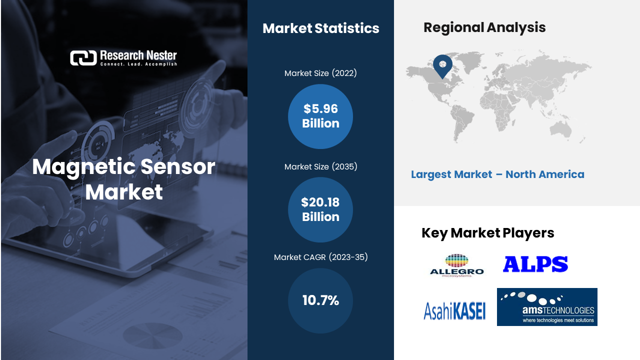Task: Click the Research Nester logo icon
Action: coord(83,58)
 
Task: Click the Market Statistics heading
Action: coord(321,28)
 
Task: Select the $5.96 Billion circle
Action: coord(320,116)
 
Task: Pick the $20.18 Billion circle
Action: coord(320,209)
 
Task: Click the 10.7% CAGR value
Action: coord(320,300)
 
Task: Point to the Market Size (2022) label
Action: coord(320,73)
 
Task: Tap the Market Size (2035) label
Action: coord(320,166)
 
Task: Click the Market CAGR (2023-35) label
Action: coord(320,257)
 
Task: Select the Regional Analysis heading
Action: coord(484,27)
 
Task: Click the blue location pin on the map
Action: coord(442,65)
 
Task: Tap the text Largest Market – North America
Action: coord(497,174)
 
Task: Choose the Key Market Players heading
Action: coord(487,233)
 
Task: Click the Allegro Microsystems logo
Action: coord(456,265)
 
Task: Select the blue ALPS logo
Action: coord(535,263)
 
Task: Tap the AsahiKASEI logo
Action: coord(454,311)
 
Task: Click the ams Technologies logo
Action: coord(547,307)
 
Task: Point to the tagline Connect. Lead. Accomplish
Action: coord(138,64)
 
